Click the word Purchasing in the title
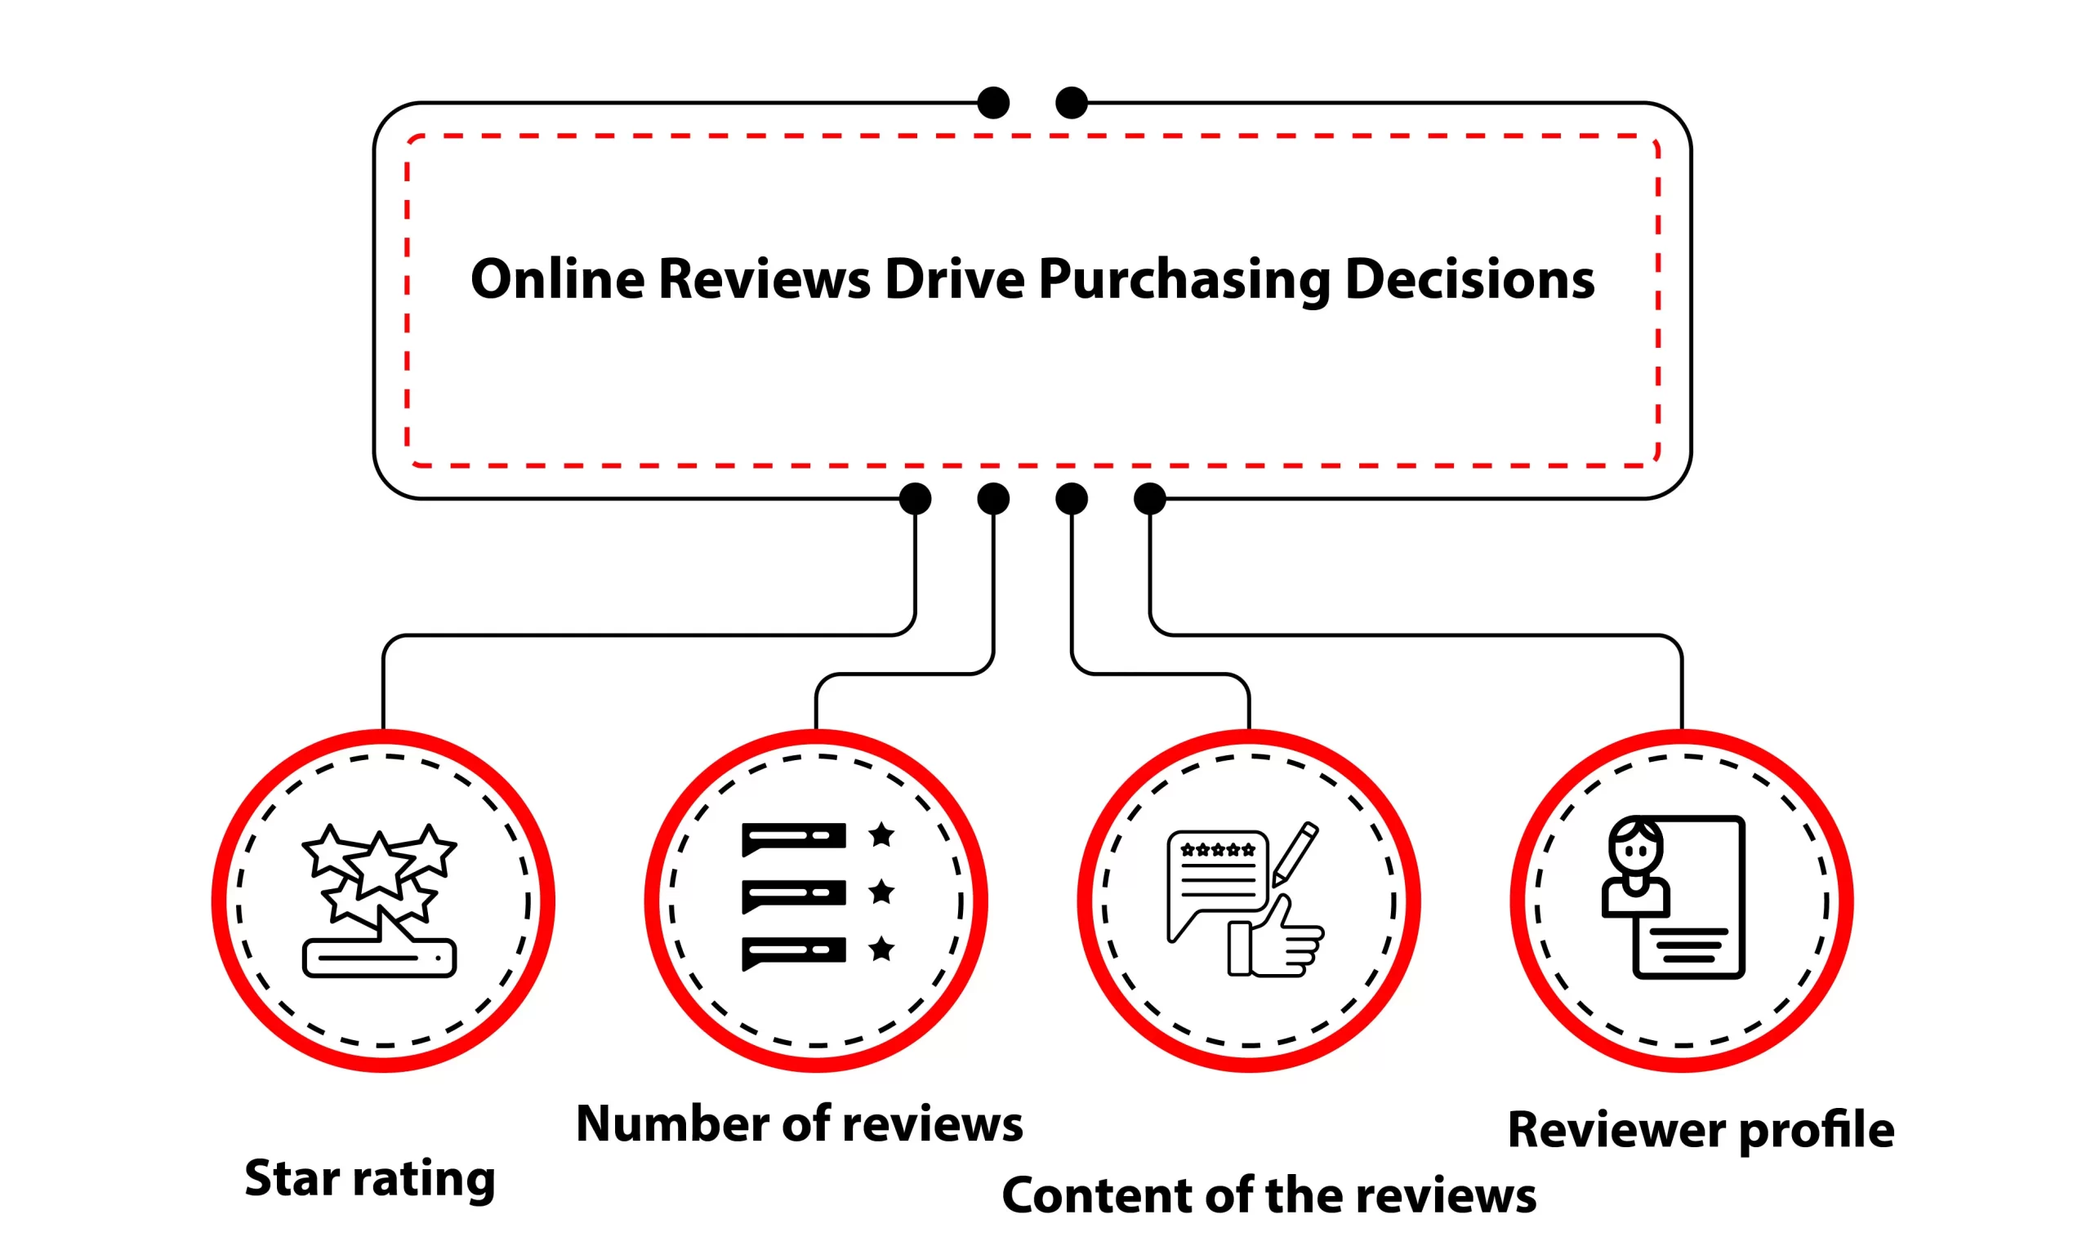pyautogui.click(x=1184, y=280)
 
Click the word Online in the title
pyautogui.click(x=558, y=280)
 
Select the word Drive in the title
pyautogui.click(x=954, y=280)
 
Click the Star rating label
pyautogui.click(x=369, y=1178)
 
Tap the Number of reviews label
pyautogui.click(x=799, y=1124)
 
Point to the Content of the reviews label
pyautogui.click(x=1268, y=1196)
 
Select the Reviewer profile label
pyautogui.click(x=1700, y=1130)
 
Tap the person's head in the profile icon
pyautogui.click(x=1635, y=847)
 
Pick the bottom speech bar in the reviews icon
pyautogui.click(x=793, y=950)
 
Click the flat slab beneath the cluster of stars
pyautogui.click(x=379, y=958)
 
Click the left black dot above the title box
pyautogui.click(x=993, y=103)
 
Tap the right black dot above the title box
pyautogui.click(x=1071, y=103)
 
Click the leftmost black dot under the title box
pyautogui.click(x=915, y=499)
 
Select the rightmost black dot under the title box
pyautogui.click(x=1149, y=499)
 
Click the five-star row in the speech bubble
pyautogui.click(x=1218, y=850)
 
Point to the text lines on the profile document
pyautogui.click(x=1689, y=945)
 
